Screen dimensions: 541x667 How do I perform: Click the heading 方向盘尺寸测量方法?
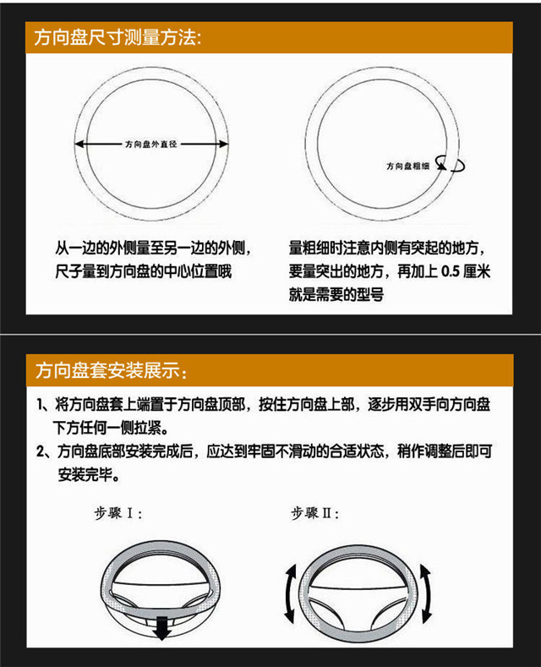117,38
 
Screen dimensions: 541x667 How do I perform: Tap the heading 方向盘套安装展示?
112,370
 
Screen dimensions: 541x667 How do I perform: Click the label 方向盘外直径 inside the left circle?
151,145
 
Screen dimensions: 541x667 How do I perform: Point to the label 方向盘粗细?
408,166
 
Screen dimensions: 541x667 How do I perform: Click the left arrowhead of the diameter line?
79,145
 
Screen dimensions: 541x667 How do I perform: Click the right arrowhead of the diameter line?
224,145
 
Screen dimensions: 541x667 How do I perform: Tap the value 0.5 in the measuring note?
451,271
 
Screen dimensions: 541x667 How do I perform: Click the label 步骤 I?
117,513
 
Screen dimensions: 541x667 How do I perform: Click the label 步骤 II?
314,513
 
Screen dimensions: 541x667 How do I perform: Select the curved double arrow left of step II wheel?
290,593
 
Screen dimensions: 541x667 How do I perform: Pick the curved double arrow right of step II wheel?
426,593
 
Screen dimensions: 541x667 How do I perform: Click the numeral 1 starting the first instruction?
40,405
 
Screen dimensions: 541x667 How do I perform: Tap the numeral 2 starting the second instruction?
41,451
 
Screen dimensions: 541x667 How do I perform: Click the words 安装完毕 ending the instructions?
85,475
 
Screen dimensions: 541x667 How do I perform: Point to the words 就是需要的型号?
336,294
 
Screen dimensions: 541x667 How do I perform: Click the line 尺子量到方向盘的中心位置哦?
144,271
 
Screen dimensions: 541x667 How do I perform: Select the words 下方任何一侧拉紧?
107,428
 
